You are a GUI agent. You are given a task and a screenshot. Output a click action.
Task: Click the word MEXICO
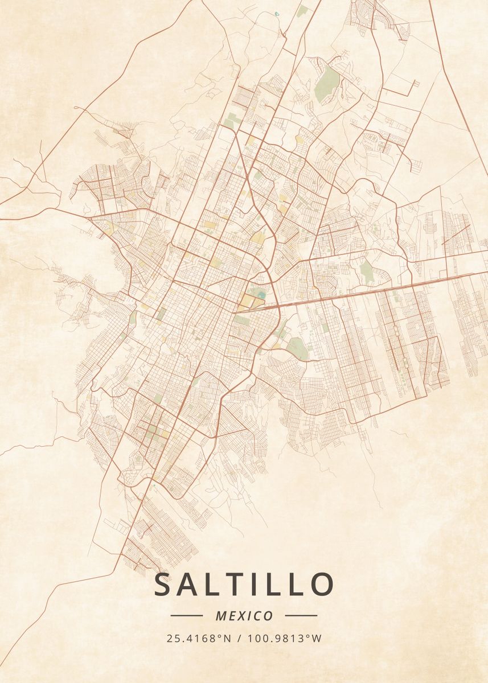(244, 616)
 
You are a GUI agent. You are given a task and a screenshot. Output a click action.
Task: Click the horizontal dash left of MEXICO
(186, 616)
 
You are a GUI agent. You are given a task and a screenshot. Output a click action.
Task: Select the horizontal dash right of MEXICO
(301, 616)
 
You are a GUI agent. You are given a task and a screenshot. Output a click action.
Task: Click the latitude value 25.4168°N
(199, 639)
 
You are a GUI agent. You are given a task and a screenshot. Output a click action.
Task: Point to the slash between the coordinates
(239, 639)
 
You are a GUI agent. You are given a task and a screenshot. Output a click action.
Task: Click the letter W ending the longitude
(317, 639)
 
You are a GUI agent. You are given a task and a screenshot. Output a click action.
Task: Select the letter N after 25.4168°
(227, 639)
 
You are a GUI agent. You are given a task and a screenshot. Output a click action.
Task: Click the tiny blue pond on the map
(277, 13)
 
